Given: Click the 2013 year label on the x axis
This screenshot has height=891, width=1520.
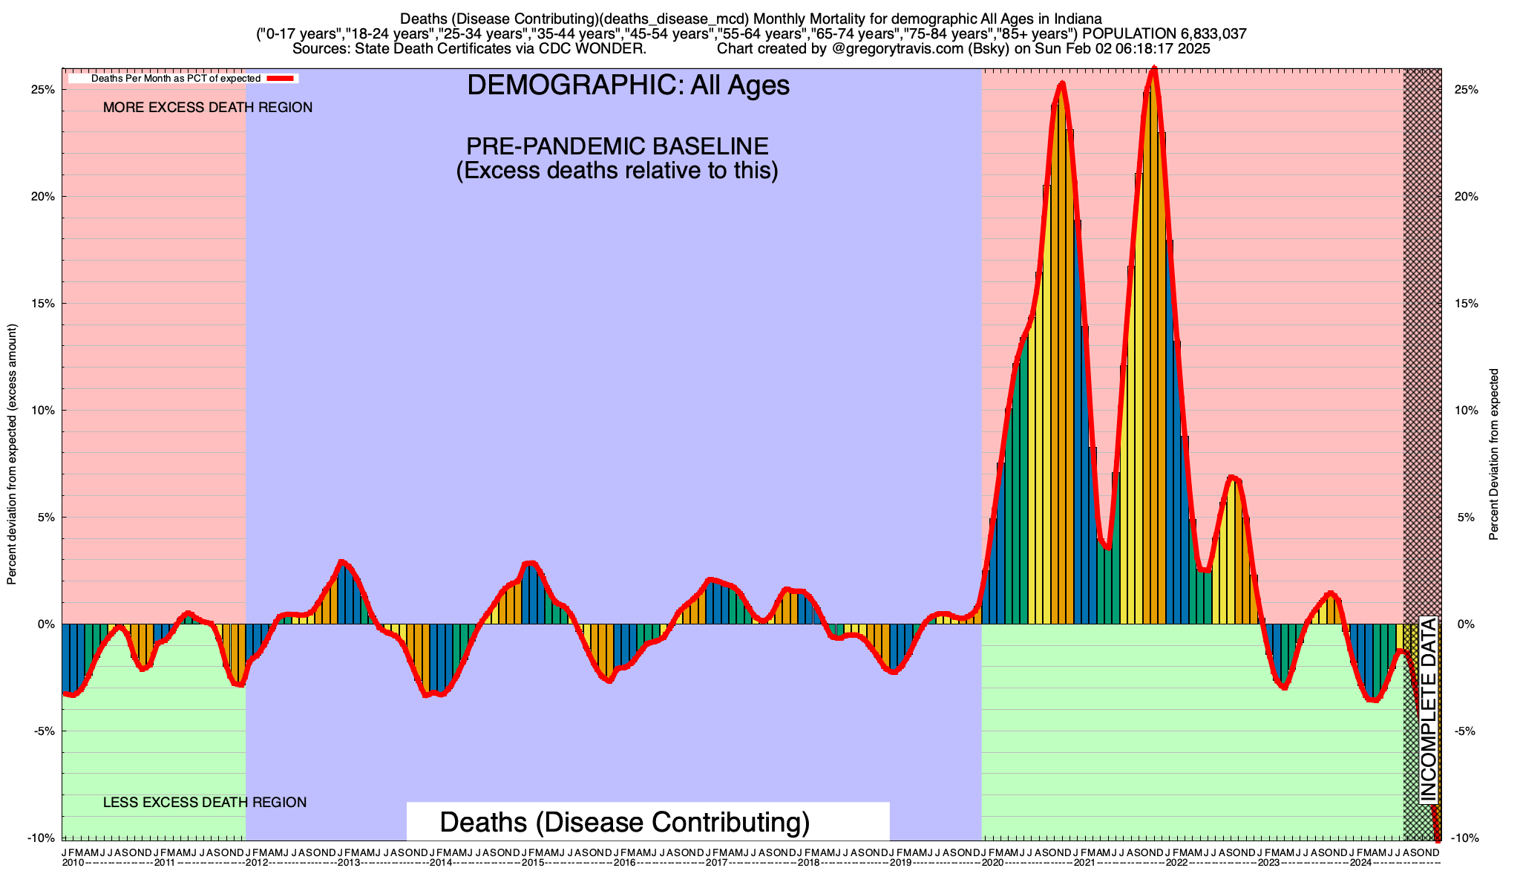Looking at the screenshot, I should point(349,863).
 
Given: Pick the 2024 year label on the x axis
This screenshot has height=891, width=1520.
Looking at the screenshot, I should point(1360,863).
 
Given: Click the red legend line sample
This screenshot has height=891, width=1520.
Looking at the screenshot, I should point(281,79).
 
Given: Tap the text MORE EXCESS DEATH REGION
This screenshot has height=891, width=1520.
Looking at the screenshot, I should point(208,108).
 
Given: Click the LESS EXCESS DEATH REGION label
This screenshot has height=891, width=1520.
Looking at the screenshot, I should point(205,803).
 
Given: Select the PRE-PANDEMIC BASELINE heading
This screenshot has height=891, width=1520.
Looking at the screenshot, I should point(617,146).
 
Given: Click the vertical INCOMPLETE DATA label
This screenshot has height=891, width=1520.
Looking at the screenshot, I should point(1429,711).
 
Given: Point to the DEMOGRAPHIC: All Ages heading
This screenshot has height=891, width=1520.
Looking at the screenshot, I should point(628,85).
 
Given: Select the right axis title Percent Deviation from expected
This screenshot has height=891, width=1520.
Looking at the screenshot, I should point(1494,454).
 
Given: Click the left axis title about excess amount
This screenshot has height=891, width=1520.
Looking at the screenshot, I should point(12,454).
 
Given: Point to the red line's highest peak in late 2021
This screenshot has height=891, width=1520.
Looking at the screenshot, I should point(1153,69).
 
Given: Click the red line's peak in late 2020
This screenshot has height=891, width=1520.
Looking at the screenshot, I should point(1062,83).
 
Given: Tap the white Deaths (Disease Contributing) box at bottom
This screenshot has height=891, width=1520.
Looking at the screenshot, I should point(647,822).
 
